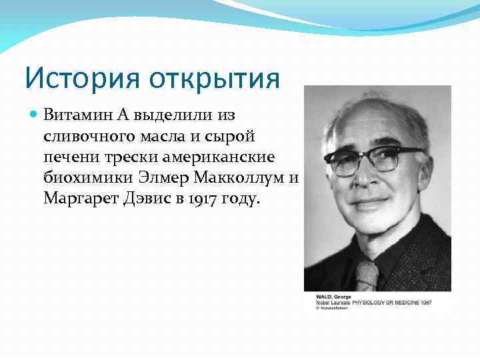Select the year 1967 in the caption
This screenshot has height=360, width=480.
pyautogui.click(x=425, y=302)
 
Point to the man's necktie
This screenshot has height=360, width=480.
pyautogui.click(x=367, y=274)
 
